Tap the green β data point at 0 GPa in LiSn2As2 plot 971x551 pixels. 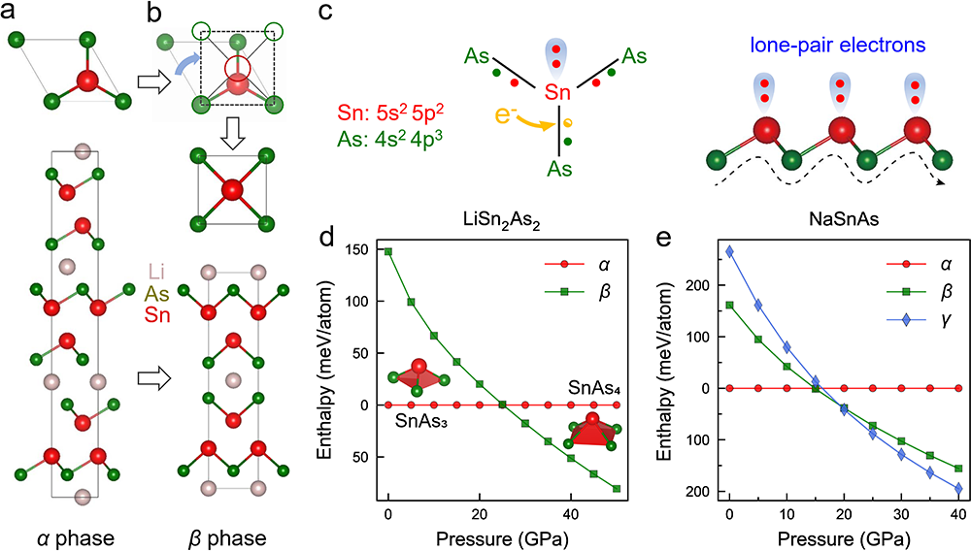tap(388, 251)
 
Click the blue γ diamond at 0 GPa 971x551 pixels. tap(729, 251)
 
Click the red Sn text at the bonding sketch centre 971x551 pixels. tap(556, 93)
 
